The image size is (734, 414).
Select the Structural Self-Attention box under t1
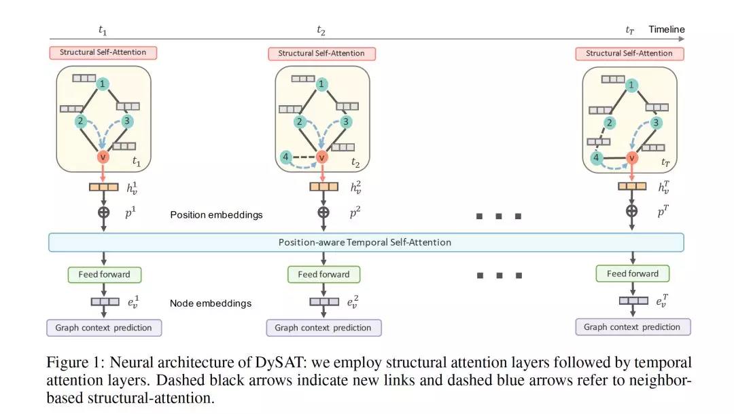pyautogui.click(x=103, y=52)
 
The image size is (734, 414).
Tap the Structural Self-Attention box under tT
pyautogui.click(x=629, y=53)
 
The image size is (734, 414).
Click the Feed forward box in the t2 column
pyautogui.click(x=324, y=274)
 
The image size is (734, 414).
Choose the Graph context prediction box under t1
pyautogui.click(x=104, y=328)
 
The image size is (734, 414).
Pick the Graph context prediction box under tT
pyautogui.click(x=633, y=327)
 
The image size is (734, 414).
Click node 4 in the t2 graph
pyautogui.click(x=285, y=157)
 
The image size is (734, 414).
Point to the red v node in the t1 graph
pyautogui.click(x=103, y=157)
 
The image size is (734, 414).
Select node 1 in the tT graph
pyautogui.click(x=631, y=85)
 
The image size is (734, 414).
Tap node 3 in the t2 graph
pyautogui.click(x=345, y=122)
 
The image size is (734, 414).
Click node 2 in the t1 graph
pyautogui.click(x=80, y=121)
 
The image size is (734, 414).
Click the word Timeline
pyautogui.click(x=667, y=29)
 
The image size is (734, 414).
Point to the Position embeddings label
pyautogui.click(x=216, y=215)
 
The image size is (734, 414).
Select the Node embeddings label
pyautogui.click(x=211, y=303)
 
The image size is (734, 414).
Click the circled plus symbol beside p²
pyautogui.click(x=323, y=212)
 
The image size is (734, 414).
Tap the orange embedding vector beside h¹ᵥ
pyautogui.click(x=104, y=187)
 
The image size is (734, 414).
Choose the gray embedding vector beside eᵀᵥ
pyautogui.click(x=633, y=301)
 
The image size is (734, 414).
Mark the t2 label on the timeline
pyautogui.click(x=321, y=31)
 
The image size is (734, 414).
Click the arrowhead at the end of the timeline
pyautogui.click(x=682, y=39)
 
